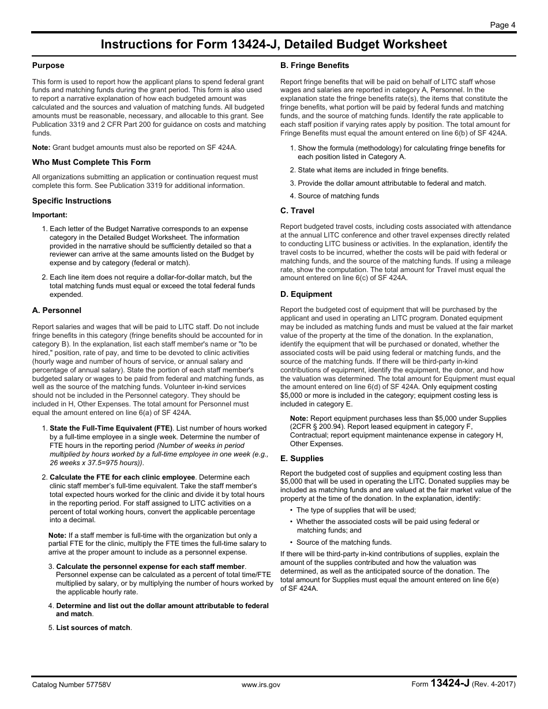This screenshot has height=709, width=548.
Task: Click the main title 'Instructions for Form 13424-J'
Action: (273, 44)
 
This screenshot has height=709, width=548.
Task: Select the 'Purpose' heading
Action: (48, 66)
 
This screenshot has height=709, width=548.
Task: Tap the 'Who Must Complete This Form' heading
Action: (91, 163)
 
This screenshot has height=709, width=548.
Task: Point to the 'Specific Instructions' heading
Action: (72, 201)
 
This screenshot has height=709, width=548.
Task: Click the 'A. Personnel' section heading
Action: (57, 311)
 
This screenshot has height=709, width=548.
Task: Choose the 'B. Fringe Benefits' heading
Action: (314, 66)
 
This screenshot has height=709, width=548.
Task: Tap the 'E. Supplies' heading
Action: (302, 459)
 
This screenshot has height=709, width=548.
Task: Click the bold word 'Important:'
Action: (50, 215)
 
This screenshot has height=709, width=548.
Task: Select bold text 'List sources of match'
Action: (93, 628)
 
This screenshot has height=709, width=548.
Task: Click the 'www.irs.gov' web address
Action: (261, 685)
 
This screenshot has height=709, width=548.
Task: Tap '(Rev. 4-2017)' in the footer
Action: (493, 685)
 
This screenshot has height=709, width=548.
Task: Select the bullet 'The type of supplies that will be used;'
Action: (356, 510)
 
